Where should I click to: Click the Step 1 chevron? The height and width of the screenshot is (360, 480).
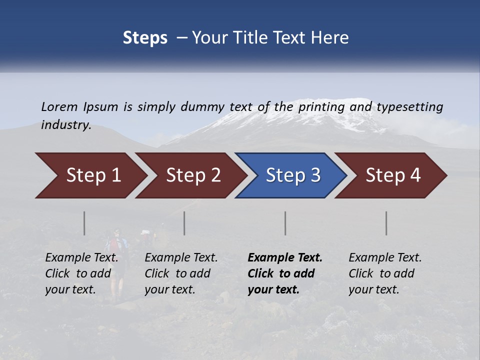point(90,175)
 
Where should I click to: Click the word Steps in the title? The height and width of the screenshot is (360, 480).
point(145,38)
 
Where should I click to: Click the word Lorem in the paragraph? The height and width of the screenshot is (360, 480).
point(59,107)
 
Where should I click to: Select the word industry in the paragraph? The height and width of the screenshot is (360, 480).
point(66,125)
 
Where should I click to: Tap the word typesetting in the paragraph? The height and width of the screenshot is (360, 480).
point(409,107)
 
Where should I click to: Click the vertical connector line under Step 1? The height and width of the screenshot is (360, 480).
point(84,223)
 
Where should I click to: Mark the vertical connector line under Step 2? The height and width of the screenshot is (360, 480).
point(184,223)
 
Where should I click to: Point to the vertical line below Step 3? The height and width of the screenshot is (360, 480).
point(285,223)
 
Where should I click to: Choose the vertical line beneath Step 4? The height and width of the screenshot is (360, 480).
point(386,223)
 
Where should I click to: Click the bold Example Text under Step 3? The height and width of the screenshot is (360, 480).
point(285,258)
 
